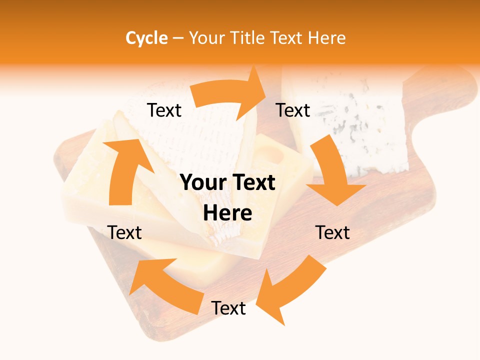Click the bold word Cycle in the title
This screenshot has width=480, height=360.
coord(146,37)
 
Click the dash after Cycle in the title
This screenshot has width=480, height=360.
coord(178,38)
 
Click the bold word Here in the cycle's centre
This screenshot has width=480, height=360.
coord(227,213)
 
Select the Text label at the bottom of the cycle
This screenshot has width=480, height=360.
coord(228,308)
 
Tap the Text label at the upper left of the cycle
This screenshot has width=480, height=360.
coord(164,110)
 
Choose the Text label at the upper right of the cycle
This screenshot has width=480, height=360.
coord(293,110)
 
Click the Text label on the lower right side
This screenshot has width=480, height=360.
coord(332,232)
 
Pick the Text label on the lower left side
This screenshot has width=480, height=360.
coord(124,232)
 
